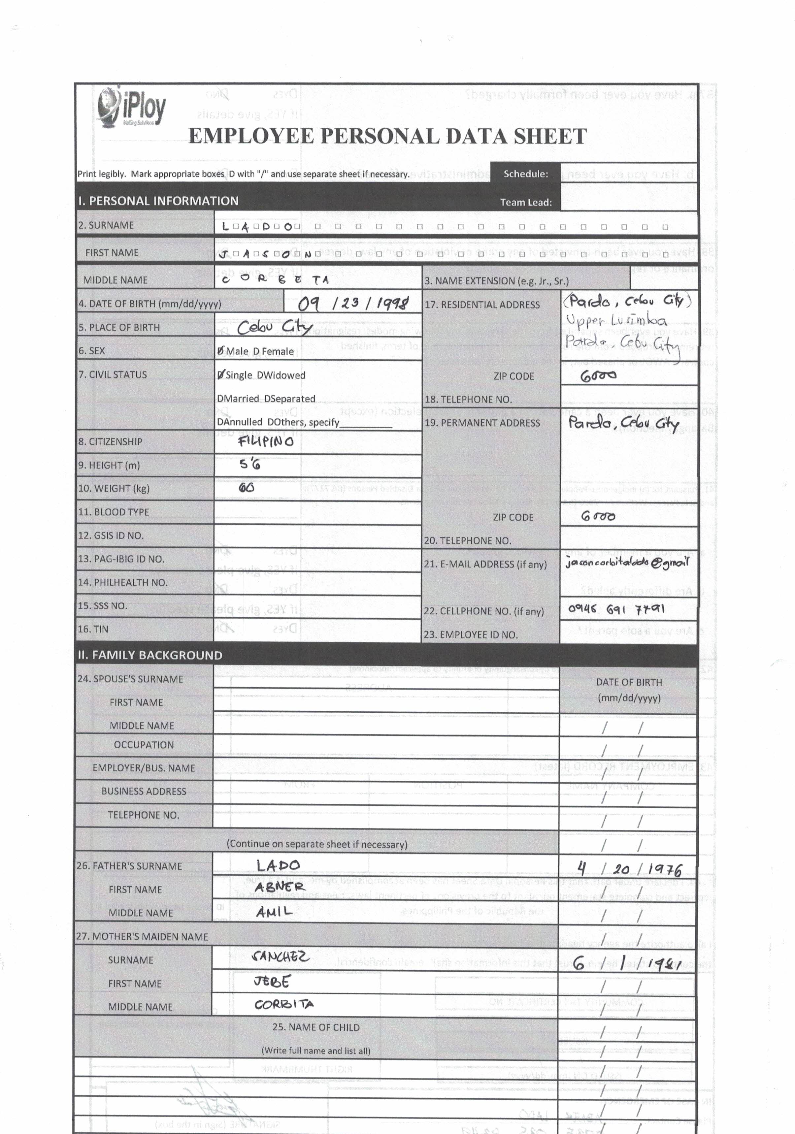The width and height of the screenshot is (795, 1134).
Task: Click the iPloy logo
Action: [131, 108]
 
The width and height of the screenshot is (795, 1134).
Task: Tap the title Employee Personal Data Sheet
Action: [387, 136]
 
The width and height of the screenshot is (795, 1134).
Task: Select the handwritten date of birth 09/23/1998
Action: [353, 303]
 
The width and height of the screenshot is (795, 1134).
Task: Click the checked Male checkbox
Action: [220, 351]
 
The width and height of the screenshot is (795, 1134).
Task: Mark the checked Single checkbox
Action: [220, 375]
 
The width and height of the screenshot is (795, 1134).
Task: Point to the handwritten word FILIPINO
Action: [266, 441]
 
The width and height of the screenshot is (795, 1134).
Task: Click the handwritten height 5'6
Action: [250, 464]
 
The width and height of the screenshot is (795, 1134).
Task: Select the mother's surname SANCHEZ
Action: [280, 957]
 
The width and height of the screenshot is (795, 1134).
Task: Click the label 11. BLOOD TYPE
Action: [113, 512]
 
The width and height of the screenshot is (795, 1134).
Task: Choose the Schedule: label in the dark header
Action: [526, 174]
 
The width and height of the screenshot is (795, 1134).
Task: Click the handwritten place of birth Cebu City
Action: [274, 327]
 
